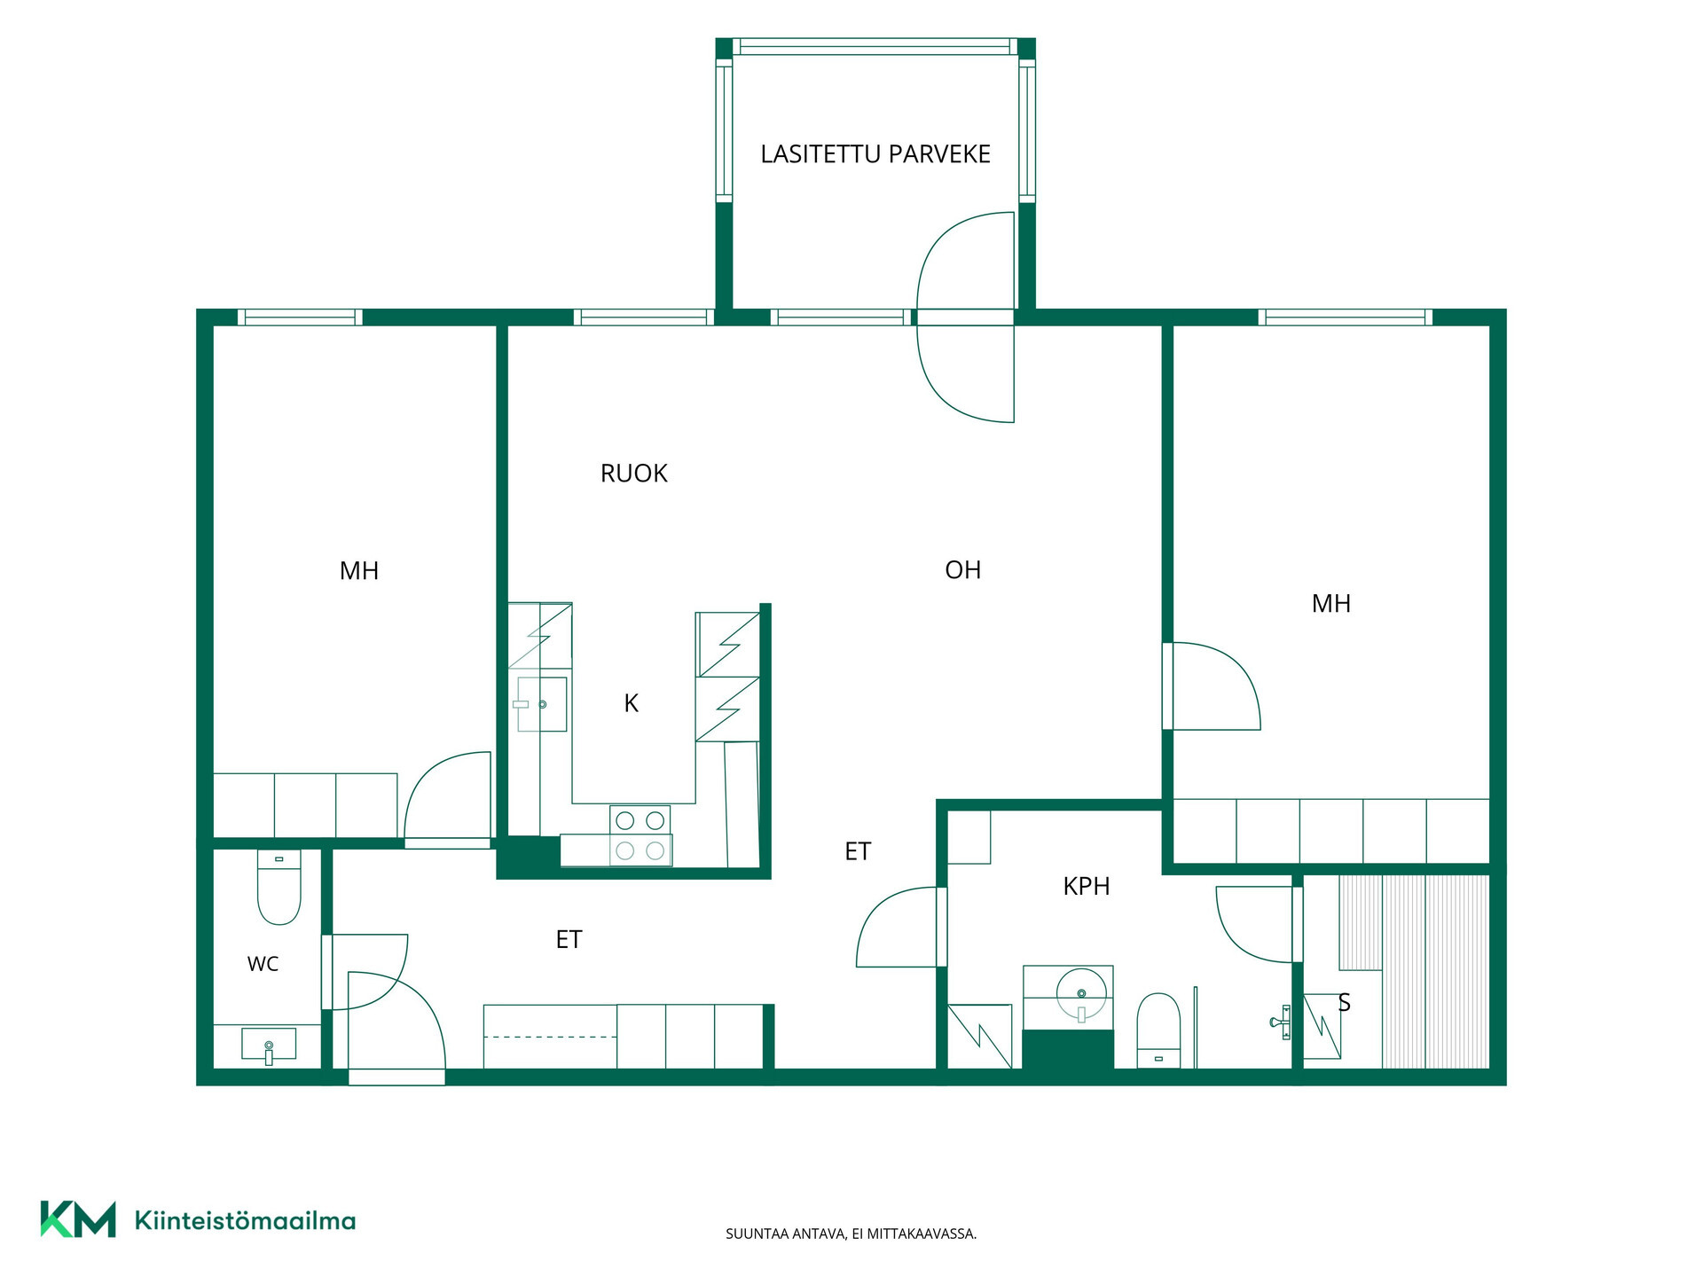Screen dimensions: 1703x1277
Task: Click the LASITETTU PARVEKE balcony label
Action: [x=875, y=154]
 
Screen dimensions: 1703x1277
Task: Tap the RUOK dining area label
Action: [x=633, y=474]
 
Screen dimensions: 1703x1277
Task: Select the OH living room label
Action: [x=963, y=570]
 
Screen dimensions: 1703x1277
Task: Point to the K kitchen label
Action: [x=631, y=703]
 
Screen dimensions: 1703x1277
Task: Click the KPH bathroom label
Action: [x=1087, y=886]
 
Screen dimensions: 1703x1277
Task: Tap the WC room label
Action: [x=263, y=964]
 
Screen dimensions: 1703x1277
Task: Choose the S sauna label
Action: [x=1344, y=1003]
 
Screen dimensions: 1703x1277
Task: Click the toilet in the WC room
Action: [x=279, y=887]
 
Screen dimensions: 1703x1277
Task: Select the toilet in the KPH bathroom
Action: [x=1158, y=1030]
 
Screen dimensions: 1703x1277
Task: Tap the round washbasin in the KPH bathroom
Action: [x=1081, y=994]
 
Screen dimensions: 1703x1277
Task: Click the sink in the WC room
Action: [x=269, y=1045]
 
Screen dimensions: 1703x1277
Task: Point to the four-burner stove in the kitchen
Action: [x=640, y=835]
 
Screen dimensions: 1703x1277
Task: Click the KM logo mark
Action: [x=78, y=1219]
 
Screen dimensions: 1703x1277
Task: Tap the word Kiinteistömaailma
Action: [x=245, y=1220]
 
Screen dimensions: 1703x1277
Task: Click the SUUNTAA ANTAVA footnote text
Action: [x=851, y=1234]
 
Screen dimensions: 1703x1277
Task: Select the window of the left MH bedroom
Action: [x=300, y=317]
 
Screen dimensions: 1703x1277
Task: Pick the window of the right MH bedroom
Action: [x=1345, y=317]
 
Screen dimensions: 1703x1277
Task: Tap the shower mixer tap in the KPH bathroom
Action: [x=1282, y=1022]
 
